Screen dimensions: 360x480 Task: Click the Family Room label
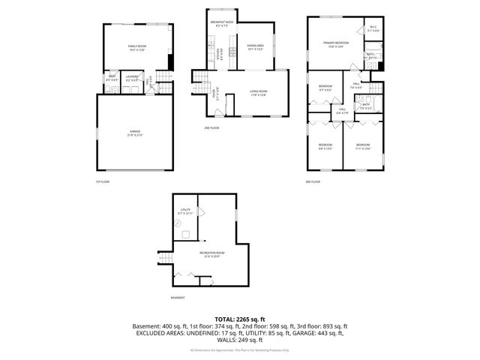click(x=136, y=48)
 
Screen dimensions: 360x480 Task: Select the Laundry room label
click(x=132, y=77)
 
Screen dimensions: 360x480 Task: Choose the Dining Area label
click(x=256, y=48)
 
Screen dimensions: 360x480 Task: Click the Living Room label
click(x=258, y=93)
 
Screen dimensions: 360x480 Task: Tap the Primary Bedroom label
click(x=334, y=45)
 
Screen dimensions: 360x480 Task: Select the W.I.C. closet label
click(x=373, y=29)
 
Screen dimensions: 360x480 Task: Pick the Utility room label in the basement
click(x=184, y=211)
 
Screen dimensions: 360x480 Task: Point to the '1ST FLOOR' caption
click(x=102, y=182)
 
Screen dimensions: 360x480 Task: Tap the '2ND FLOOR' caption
click(x=211, y=128)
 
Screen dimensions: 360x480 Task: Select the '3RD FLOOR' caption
click(x=312, y=182)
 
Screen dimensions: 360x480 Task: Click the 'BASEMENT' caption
click(x=178, y=298)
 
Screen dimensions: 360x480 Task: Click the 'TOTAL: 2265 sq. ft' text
click(x=239, y=319)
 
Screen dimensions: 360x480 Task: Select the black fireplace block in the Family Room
click(x=171, y=62)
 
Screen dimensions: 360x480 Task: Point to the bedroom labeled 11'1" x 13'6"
click(x=362, y=146)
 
